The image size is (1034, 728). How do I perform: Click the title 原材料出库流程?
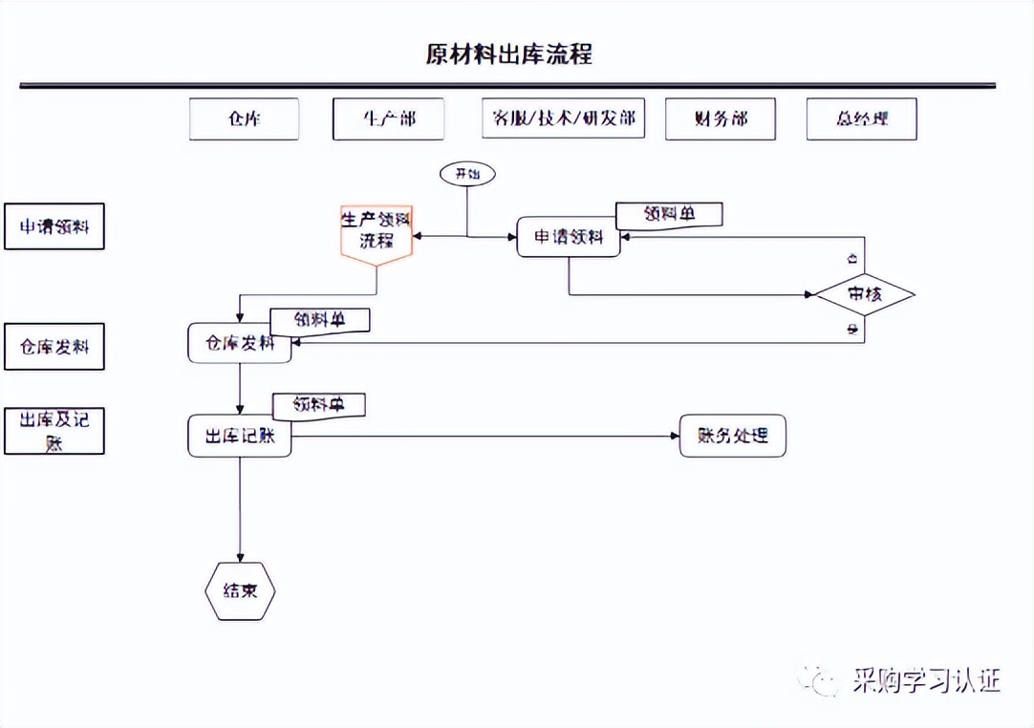point(508,54)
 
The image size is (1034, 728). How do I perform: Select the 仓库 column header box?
point(244,119)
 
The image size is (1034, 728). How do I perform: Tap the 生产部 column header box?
point(388,119)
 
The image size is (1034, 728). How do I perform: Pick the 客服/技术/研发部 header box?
point(564,119)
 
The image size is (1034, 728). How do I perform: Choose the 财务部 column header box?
point(720,119)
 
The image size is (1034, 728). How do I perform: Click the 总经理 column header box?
point(861,119)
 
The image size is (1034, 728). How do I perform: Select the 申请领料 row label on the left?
point(54,226)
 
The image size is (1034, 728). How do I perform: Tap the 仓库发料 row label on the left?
point(54,347)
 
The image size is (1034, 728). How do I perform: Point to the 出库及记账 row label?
point(54,431)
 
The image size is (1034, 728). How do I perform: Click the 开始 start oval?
point(467,174)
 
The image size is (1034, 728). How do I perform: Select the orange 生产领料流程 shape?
point(377,233)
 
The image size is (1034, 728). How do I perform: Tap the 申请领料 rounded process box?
point(569,237)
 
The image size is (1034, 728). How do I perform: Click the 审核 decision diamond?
point(865,294)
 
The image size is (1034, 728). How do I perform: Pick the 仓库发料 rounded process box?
point(240,343)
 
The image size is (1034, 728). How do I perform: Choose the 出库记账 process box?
point(240,437)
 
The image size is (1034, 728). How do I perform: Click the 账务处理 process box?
point(732,437)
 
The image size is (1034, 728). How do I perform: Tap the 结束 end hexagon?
point(240,590)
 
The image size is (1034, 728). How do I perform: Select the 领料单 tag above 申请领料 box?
point(669,215)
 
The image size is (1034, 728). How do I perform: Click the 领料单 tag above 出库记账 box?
point(319,405)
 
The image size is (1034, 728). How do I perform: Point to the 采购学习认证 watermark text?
point(925,680)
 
